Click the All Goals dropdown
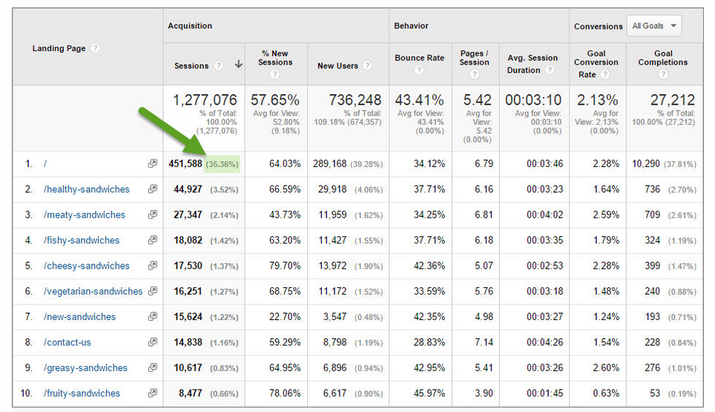(x=653, y=26)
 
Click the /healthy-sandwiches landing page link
(x=86, y=189)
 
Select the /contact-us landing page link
(x=67, y=342)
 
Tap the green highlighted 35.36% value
(x=222, y=164)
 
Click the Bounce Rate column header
(x=419, y=58)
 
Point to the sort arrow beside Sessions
(x=238, y=65)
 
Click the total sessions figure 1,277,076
(x=205, y=100)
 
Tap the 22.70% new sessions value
(x=285, y=317)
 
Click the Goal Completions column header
(x=663, y=58)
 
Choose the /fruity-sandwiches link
(x=82, y=393)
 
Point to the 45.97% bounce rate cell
(x=429, y=393)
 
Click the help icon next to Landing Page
(x=96, y=48)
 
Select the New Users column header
(x=337, y=65)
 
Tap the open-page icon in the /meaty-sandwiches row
(x=153, y=215)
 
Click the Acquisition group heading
(x=190, y=26)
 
